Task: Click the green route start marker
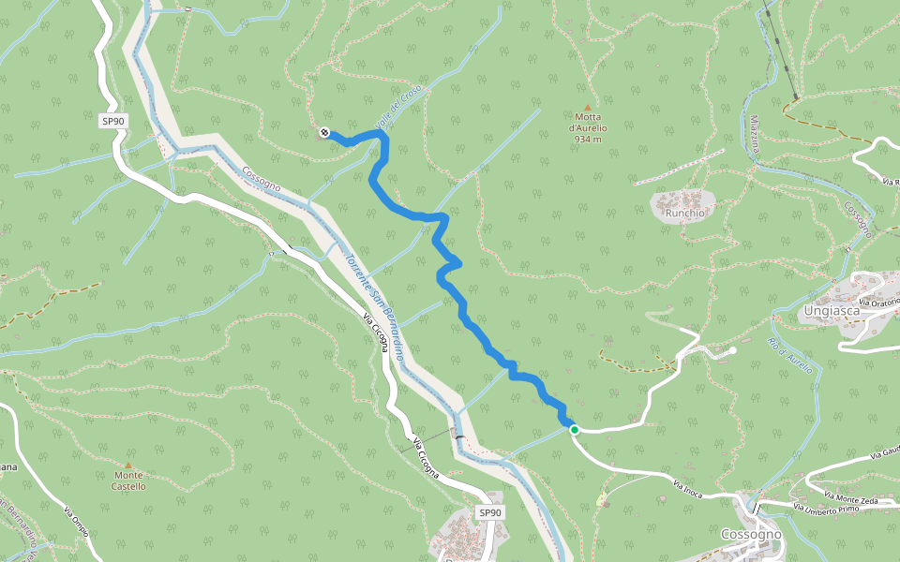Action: coord(574,430)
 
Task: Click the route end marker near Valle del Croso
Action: coord(324,132)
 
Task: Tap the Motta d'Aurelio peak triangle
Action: coord(588,108)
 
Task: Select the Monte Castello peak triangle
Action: coord(128,465)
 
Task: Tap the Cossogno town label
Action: coord(751,534)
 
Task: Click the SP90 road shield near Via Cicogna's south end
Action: coord(490,512)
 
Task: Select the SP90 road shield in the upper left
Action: coord(113,121)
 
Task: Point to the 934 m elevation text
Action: coord(588,139)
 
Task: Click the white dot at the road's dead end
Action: coord(732,350)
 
